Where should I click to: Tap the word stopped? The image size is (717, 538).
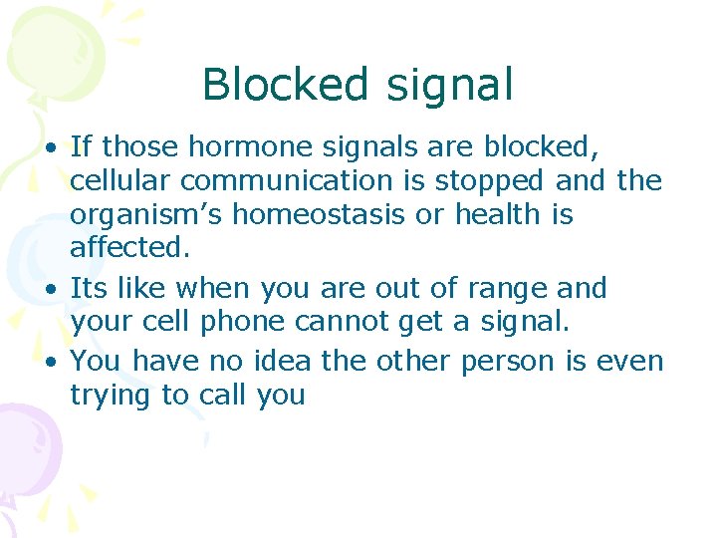pyautogui.click(x=489, y=181)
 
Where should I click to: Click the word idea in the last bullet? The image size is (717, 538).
pyautogui.click(x=283, y=360)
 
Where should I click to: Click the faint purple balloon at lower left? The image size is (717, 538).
pyautogui.click(x=25, y=443)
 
